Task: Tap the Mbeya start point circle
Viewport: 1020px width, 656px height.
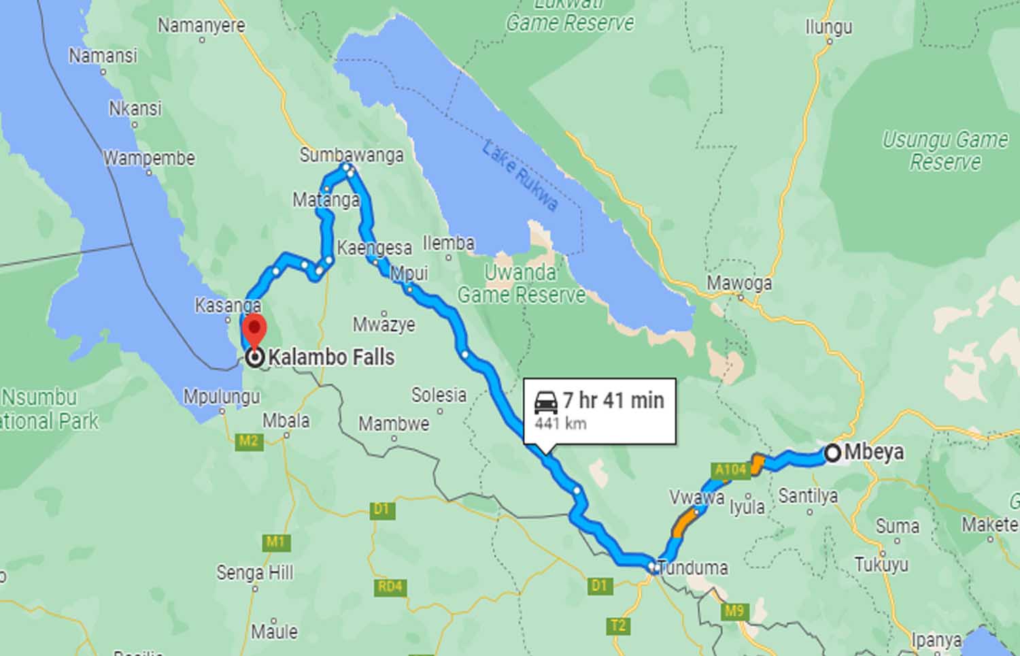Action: (832, 453)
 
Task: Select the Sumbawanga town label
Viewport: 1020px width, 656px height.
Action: (352, 155)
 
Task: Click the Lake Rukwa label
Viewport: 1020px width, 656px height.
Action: (520, 175)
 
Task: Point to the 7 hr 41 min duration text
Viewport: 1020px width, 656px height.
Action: (613, 400)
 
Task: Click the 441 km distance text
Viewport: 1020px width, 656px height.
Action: (560, 424)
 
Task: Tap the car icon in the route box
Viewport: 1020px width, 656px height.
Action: (545, 402)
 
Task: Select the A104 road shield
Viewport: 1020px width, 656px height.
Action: (730, 470)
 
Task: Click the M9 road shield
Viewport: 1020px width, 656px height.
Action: (734, 610)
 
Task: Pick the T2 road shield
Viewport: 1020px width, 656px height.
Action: (618, 625)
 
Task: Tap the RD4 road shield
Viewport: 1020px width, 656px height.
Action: (390, 587)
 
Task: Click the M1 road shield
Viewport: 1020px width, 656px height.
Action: (275, 542)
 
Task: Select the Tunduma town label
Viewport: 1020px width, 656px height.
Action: (693, 567)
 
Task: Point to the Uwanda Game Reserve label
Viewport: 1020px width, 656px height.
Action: (521, 284)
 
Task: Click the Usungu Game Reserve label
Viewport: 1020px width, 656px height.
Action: (945, 150)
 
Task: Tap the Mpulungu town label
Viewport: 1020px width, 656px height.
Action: (222, 397)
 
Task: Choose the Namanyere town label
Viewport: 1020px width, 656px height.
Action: (201, 26)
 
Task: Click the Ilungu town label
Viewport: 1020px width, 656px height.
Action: (828, 27)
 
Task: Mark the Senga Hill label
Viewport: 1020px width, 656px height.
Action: (255, 572)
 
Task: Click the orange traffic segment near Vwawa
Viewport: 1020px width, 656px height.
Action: (685, 521)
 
